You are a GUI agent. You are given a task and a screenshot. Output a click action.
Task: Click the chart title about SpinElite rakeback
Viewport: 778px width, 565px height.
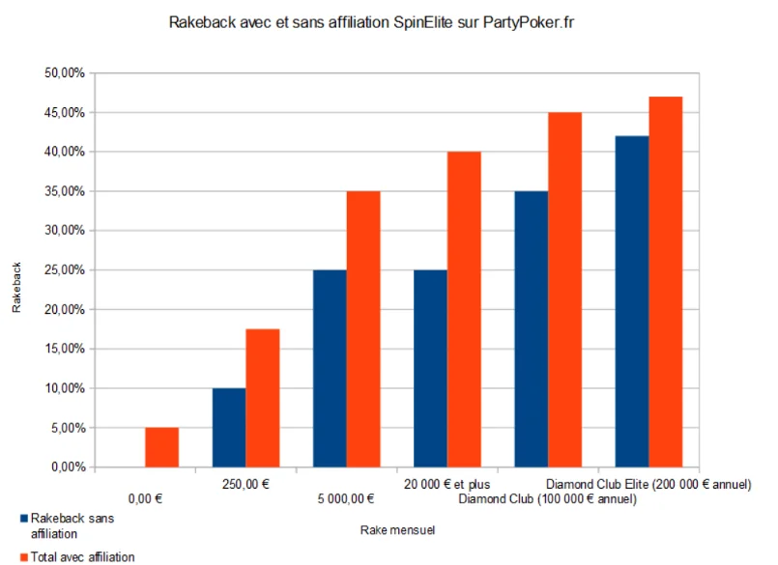tap(389, 20)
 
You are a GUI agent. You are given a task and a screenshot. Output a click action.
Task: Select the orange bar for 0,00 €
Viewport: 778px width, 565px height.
tap(162, 447)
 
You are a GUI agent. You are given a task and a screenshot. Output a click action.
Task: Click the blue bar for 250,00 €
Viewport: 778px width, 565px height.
tap(229, 428)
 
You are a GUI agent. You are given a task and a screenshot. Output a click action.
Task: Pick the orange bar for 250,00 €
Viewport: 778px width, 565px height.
tap(263, 398)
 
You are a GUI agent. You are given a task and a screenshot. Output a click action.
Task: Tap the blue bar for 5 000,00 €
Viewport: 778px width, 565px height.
tap(330, 368)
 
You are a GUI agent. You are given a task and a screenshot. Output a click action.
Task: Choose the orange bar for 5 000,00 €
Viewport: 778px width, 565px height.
tap(363, 329)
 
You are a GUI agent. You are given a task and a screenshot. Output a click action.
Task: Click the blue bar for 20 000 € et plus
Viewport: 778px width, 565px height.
tap(430, 368)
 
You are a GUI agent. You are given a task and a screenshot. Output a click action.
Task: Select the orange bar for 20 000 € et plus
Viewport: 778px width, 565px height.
tap(464, 309)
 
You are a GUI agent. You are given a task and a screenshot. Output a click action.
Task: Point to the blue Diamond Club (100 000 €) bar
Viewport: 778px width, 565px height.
tap(531, 329)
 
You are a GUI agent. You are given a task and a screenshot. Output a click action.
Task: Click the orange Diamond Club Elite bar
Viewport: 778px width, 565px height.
tap(665, 282)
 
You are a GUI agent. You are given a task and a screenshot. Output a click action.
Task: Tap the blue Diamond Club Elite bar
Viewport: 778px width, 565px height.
tap(631, 301)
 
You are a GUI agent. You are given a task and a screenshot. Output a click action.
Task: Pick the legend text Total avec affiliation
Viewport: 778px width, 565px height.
tap(83, 556)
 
